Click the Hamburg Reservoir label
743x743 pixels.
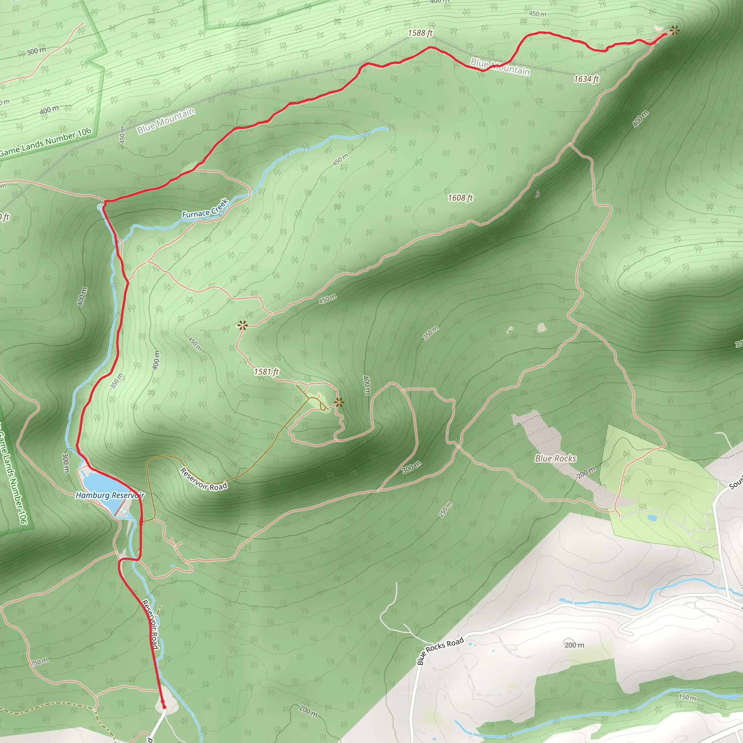(x=110, y=495)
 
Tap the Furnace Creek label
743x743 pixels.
(x=205, y=209)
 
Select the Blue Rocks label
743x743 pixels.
(x=555, y=459)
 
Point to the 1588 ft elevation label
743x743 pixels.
(x=420, y=33)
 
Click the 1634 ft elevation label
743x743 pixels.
(x=586, y=79)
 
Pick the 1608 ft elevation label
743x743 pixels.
(x=460, y=198)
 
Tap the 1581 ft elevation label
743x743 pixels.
(x=266, y=372)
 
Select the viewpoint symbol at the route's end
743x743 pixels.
(x=674, y=30)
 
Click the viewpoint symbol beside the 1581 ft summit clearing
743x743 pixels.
(x=339, y=403)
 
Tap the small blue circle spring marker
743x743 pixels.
(x=101, y=207)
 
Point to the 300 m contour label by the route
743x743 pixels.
(x=66, y=463)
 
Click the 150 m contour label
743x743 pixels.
(x=687, y=697)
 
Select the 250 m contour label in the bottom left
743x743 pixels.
(x=39, y=662)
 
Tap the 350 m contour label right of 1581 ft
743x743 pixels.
(x=430, y=333)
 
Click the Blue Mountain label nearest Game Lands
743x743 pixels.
(x=166, y=121)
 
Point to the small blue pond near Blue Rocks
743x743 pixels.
(x=652, y=518)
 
